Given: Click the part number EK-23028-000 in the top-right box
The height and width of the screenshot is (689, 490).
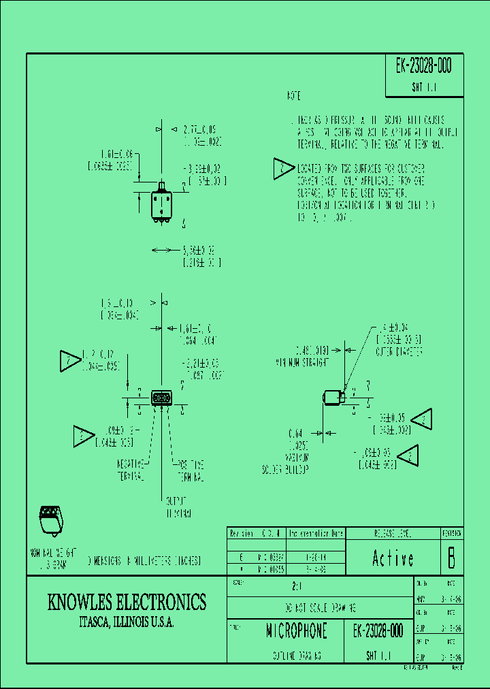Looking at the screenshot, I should pos(423,67).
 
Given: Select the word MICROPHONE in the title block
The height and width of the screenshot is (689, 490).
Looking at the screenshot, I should pos(296,631).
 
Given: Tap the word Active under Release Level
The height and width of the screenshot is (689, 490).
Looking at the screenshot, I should pos(393,559).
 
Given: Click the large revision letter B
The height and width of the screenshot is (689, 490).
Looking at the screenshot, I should pos(450,558).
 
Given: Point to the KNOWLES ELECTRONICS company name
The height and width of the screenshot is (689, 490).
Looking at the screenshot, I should pos(127,602).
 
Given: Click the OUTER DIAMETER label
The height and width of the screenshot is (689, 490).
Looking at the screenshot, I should pos(399,352).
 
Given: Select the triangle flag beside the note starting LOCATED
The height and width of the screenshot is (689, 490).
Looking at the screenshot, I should pos(283,169).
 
